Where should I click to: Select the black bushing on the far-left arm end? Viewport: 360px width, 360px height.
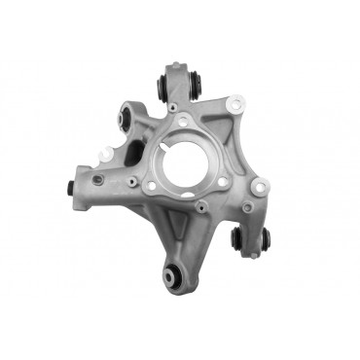coord(70,187)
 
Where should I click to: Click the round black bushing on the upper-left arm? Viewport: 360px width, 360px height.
coord(124,120)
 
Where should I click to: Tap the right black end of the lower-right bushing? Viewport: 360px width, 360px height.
coord(265,242)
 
